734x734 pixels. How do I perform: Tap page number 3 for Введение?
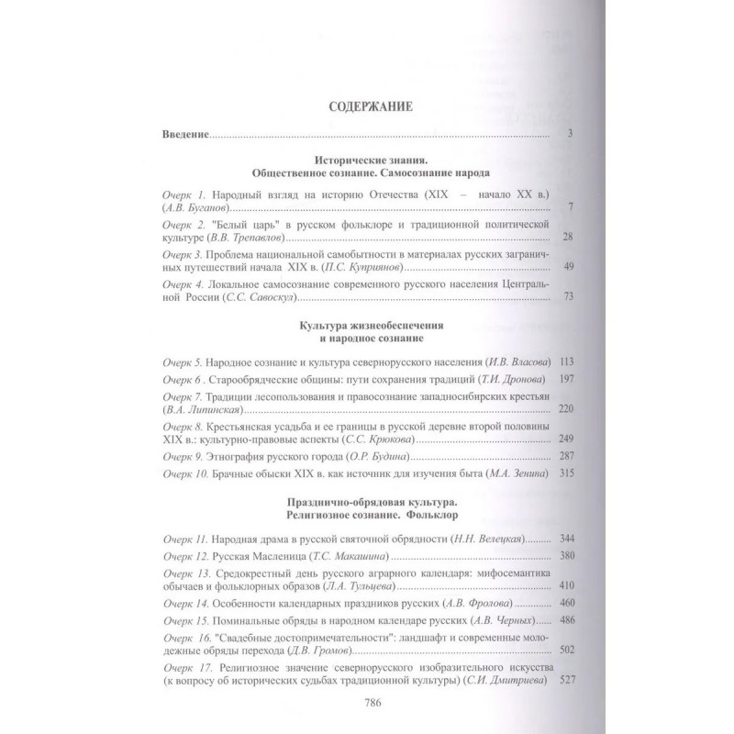click(570, 136)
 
